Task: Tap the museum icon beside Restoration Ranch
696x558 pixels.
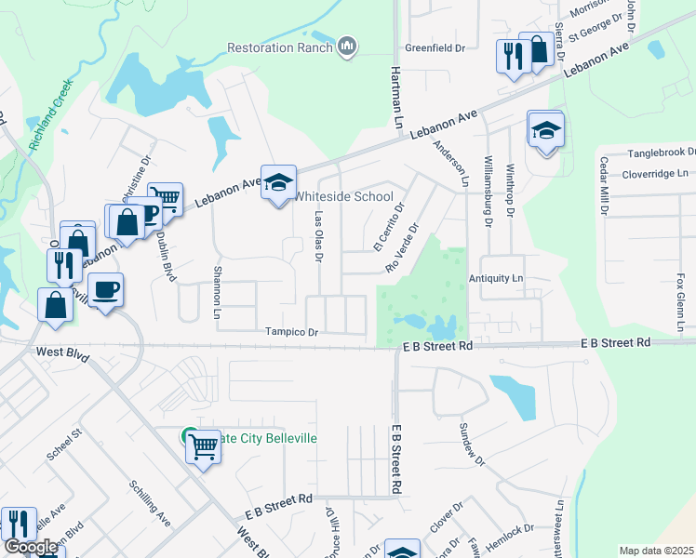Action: [347, 46]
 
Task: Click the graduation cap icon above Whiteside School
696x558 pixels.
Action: [278, 182]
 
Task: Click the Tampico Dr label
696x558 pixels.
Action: [291, 332]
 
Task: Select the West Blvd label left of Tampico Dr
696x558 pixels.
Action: [62, 352]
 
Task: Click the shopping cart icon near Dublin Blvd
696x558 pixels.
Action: [165, 197]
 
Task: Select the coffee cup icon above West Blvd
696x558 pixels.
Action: [106, 288]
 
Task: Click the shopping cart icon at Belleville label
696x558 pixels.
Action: [203, 447]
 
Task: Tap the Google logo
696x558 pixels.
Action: [31, 548]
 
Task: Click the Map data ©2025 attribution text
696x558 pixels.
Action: [656, 551]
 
